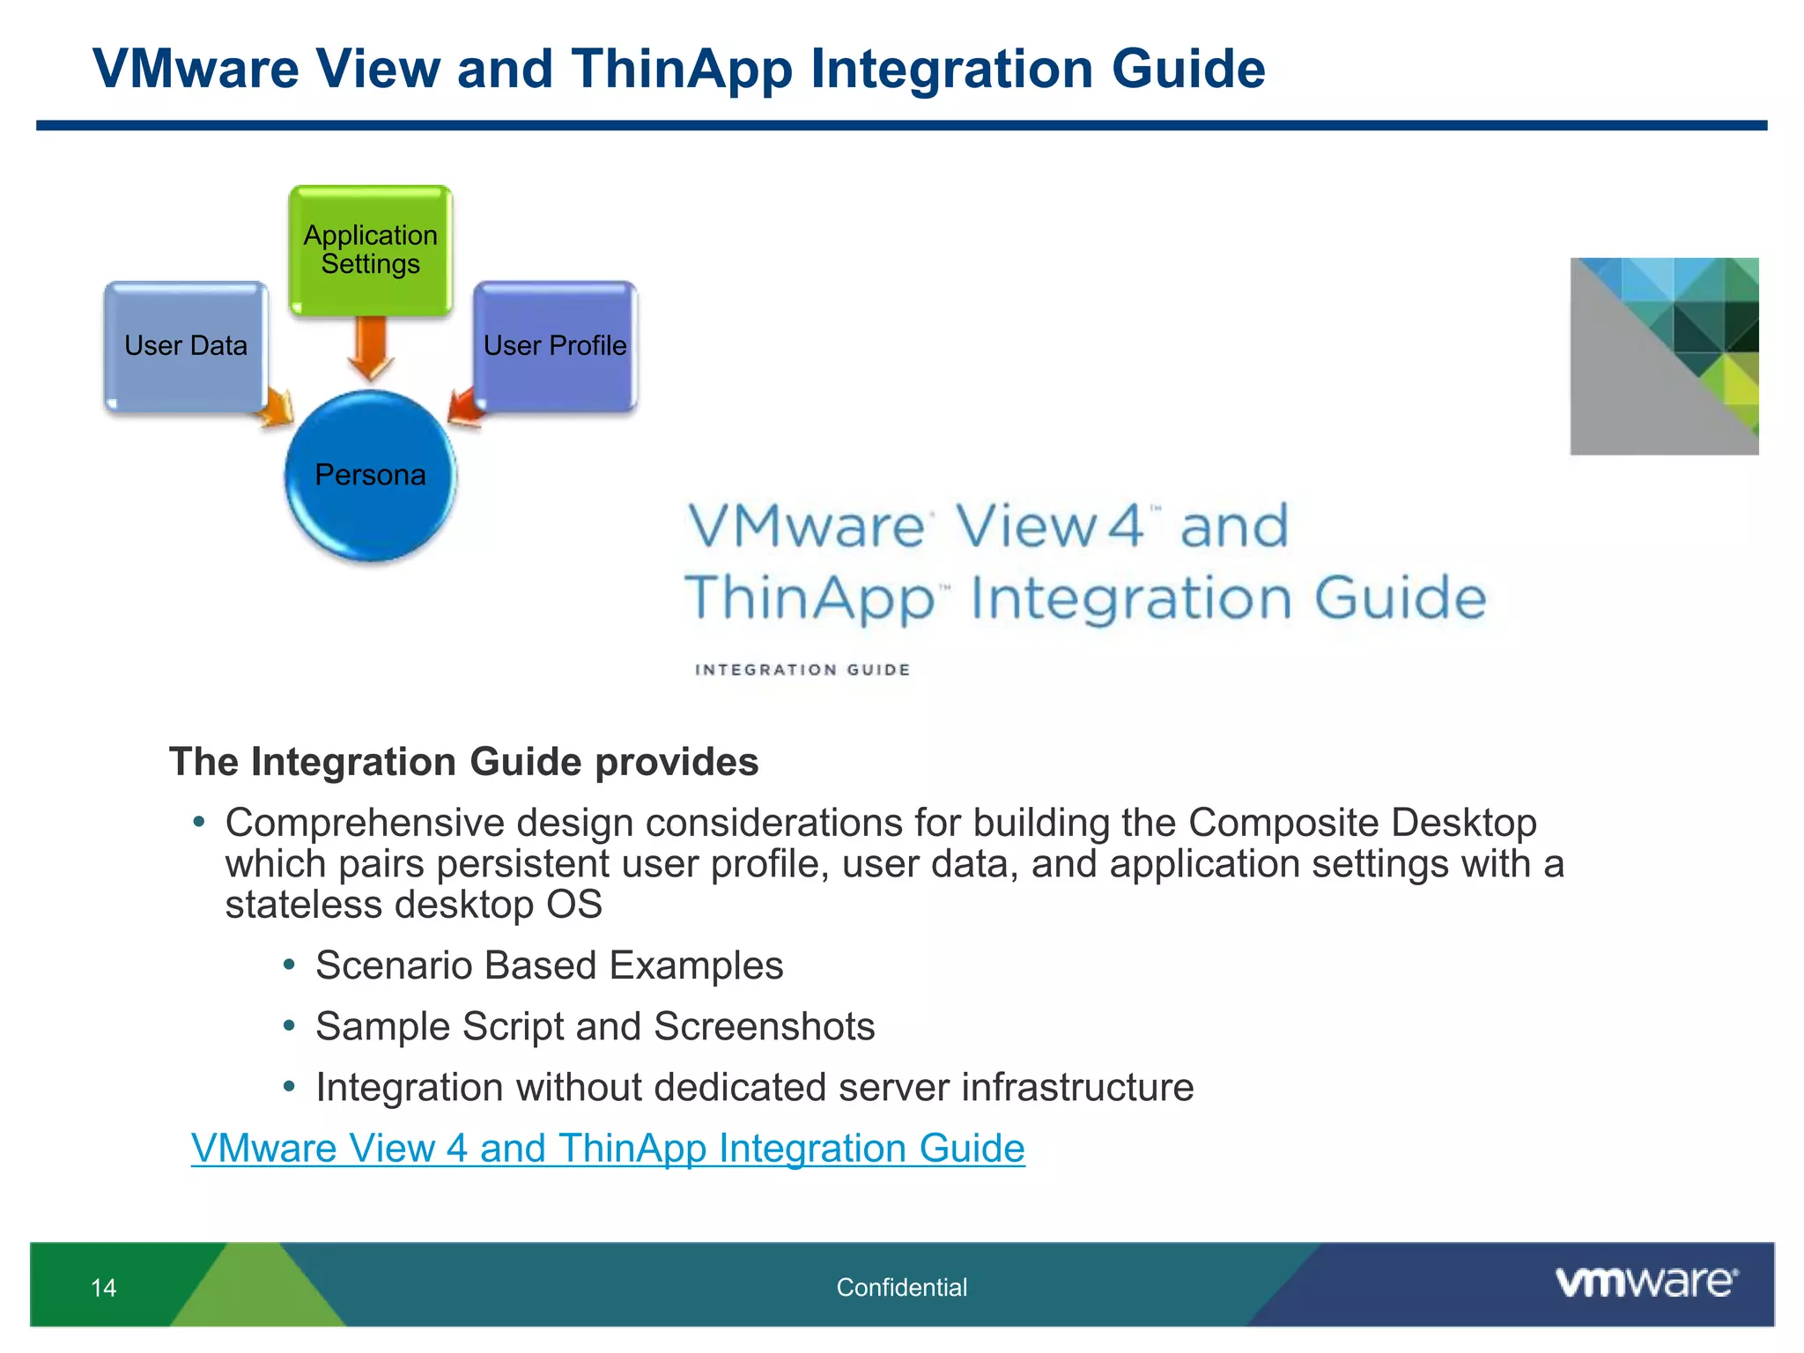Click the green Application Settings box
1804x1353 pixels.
[x=370, y=249]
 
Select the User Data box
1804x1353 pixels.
[x=185, y=345]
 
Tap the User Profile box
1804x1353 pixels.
[x=555, y=345]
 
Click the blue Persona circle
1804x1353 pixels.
[x=370, y=476]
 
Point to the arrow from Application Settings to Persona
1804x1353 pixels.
[x=370, y=349]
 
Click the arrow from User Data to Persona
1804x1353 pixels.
[x=277, y=407]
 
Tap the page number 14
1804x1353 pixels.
[x=103, y=1288]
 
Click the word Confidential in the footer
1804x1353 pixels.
[x=901, y=1287]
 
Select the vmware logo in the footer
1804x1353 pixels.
[x=1645, y=1282]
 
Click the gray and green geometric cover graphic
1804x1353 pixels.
[x=1663, y=357]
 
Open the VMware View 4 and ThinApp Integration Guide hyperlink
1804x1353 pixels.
[x=608, y=1148]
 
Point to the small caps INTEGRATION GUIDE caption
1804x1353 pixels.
[x=802, y=669]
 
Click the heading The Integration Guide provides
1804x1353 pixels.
[x=463, y=762]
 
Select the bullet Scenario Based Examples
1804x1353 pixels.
[x=549, y=965]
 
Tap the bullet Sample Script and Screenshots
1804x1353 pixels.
[x=595, y=1026]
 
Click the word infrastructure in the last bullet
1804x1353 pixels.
[x=1076, y=1087]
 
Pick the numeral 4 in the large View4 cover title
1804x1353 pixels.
[x=1124, y=526]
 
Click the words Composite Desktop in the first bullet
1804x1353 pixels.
[x=1362, y=823]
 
